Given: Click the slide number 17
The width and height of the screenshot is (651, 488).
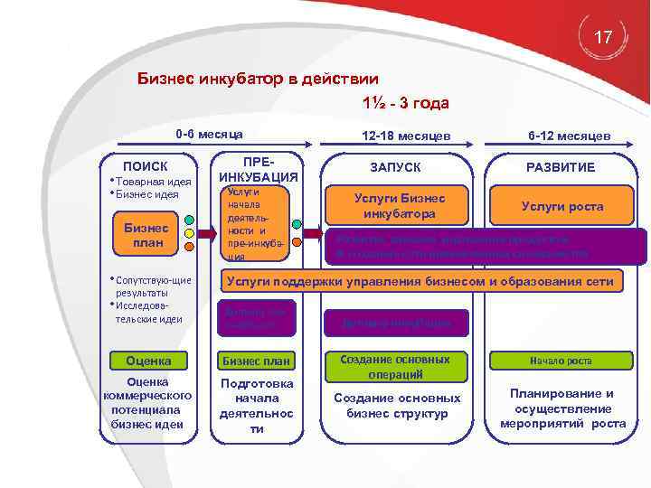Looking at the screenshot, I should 604,37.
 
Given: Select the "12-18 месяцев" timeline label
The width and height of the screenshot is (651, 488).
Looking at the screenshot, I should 406,136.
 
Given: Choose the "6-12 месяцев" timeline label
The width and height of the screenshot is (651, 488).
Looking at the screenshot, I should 570,136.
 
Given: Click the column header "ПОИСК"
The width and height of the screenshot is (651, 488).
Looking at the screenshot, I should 146,166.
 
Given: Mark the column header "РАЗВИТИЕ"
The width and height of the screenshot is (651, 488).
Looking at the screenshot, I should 561,167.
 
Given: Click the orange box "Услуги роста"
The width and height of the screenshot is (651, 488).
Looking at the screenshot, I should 561,207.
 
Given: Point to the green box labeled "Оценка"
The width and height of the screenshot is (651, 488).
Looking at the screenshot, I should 146,361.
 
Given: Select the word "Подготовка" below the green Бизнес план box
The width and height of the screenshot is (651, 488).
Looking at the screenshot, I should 257,382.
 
